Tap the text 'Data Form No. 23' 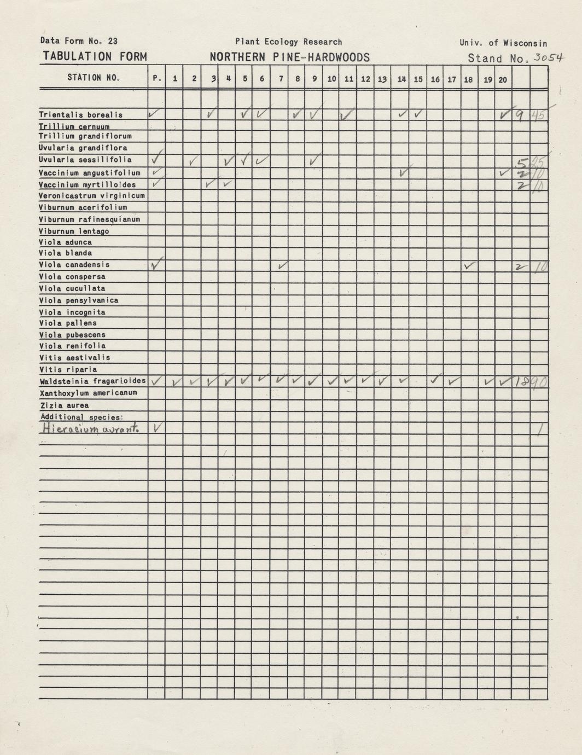(x=79, y=41)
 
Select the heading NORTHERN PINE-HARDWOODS (x=289, y=57)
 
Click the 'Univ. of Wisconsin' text (x=503, y=43)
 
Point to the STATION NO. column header (x=94, y=78)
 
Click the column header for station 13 (x=382, y=79)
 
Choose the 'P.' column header (x=156, y=79)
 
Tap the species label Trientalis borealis (x=81, y=115)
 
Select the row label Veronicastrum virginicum (x=92, y=196)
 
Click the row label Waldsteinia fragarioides (x=92, y=381)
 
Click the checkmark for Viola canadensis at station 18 (x=469, y=266)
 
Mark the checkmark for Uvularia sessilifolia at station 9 (x=314, y=161)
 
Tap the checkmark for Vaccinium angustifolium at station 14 (x=403, y=172)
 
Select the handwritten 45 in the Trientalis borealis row (x=538, y=116)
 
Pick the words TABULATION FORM (x=95, y=57)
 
